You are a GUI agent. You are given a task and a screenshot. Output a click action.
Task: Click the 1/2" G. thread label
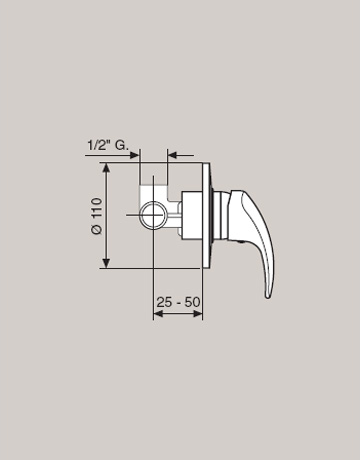[108, 146]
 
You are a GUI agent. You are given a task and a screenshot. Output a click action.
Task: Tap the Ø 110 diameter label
[97, 216]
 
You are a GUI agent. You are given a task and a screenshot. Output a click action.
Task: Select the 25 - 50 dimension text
[178, 302]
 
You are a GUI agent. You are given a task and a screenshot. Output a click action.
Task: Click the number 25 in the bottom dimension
[163, 302]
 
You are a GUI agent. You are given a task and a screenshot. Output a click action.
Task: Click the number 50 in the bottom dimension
[193, 302]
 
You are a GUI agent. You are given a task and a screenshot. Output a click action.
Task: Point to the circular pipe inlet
[153, 215]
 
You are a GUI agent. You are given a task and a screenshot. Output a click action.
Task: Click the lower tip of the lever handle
[268, 296]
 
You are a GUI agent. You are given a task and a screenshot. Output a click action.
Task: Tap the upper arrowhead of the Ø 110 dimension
[106, 167]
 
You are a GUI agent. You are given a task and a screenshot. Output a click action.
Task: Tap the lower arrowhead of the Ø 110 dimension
[106, 263]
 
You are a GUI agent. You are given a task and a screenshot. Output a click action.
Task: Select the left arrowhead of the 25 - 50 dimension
[158, 314]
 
